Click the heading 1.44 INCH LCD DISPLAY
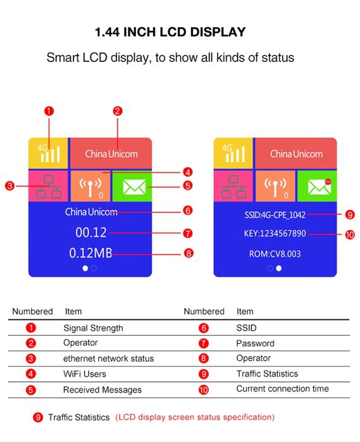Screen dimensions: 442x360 tap(170, 32)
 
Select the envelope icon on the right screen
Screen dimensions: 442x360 tap(319, 186)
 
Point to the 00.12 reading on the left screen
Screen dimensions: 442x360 tap(91, 233)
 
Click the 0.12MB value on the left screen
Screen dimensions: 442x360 tap(90, 254)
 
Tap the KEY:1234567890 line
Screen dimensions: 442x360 tap(275, 233)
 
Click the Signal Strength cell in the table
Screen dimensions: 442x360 tap(93, 328)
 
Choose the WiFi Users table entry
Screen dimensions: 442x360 tap(85, 374)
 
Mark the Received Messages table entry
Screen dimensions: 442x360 tap(102, 390)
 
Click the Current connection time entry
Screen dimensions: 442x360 tap(282, 389)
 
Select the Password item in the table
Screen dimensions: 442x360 tap(255, 343)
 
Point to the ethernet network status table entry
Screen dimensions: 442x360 tap(108, 359)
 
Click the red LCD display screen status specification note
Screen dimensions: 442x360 tap(195, 417)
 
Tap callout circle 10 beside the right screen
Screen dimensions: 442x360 tap(351, 234)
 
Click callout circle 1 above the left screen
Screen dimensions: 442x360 tap(49, 111)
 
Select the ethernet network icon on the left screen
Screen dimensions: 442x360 tap(49, 186)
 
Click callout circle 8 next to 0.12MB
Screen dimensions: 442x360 tap(187, 254)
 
